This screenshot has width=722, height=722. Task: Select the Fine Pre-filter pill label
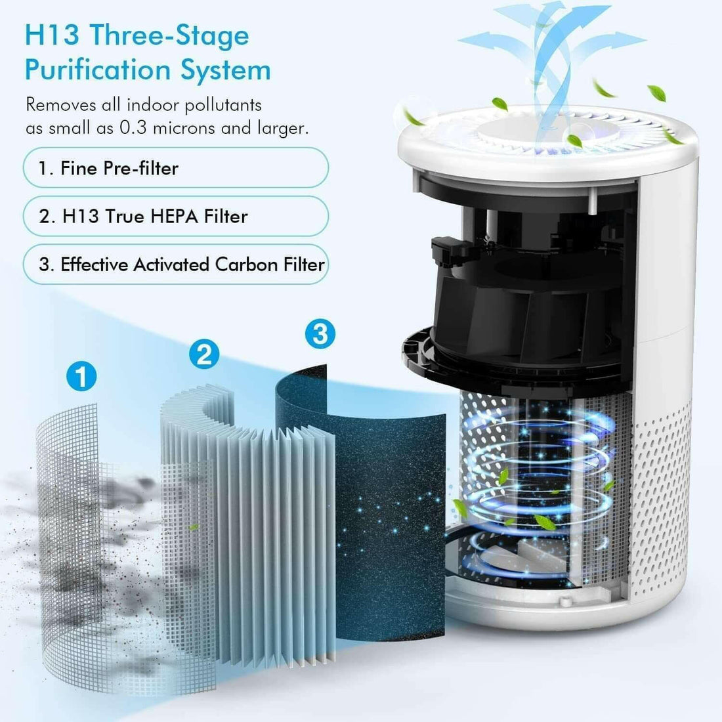pyautogui.click(x=175, y=168)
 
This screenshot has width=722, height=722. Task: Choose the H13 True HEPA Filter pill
pyautogui.click(x=175, y=217)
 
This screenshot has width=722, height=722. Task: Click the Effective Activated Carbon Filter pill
pyautogui.click(x=175, y=265)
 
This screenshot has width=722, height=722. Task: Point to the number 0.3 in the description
pyautogui.click(x=134, y=128)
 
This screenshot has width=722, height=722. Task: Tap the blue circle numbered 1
pyautogui.click(x=82, y=377)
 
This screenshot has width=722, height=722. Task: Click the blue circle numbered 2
pyautogui.click(x=203, y=354)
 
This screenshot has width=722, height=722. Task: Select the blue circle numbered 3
pyautogui.click(x=320, y=333)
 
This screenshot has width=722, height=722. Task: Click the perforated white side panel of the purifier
pyautogui.click(x=663, y=492)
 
